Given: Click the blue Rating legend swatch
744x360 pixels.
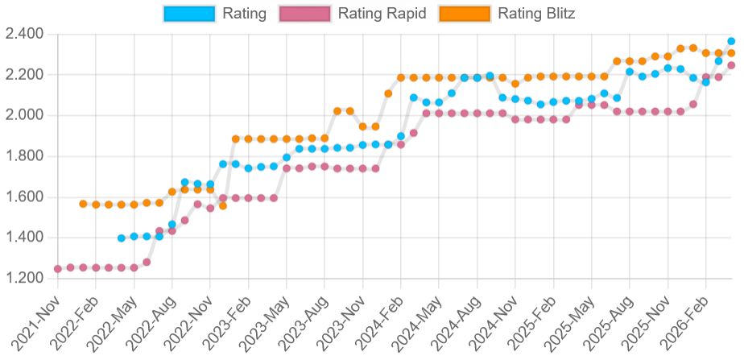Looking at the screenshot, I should coord(189,14).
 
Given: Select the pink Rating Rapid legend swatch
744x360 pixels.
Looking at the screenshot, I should coord(304,14).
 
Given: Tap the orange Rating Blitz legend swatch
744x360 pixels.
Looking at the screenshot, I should coord(465,14).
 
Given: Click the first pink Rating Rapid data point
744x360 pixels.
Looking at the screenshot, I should coord(57,269).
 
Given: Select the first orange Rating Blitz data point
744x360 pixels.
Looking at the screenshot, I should coord(83,204).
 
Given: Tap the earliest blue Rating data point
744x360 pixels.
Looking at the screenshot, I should coord(122,238).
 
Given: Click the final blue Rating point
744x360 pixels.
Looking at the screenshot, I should coord(731,41).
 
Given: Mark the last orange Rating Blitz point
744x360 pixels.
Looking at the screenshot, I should coord(731,53).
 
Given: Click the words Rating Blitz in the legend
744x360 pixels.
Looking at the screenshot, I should coord(536,14).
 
